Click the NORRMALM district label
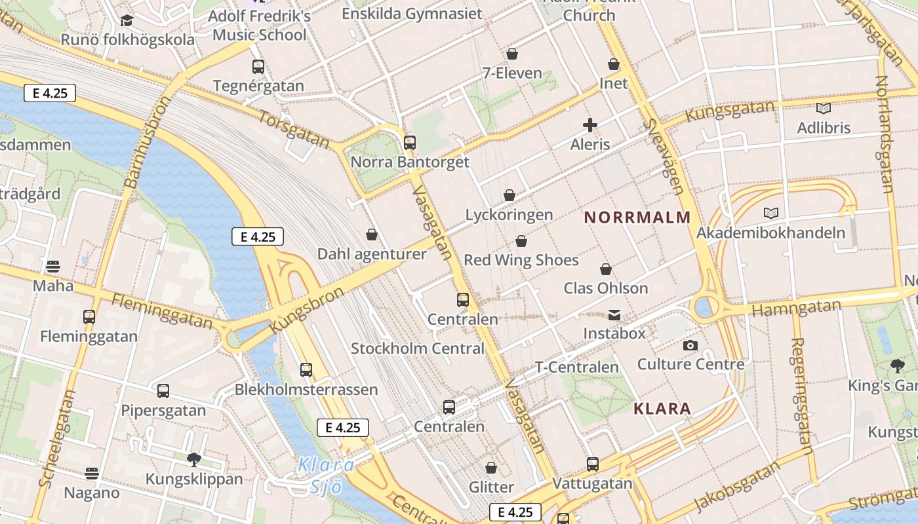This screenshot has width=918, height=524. coord(637,217)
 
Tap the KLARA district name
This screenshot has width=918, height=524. coord(662,409)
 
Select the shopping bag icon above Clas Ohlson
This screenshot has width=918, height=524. coord(606,269)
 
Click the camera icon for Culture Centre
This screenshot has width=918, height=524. coord(690,345)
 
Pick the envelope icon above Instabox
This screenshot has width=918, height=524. coord(614,315)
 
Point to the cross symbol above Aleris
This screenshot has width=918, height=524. coord(589,125)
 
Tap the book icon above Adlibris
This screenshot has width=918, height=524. coord(823,109)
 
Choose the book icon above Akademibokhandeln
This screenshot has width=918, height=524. coord(771,213)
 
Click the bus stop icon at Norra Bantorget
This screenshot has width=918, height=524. coord(410,142)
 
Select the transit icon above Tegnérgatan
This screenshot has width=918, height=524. coord(258,66)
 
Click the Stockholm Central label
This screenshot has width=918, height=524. coord(417,348)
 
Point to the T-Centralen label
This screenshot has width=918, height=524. coord(577,367)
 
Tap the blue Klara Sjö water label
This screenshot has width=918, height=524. coord(326,476)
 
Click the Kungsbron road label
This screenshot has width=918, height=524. coord(307,310)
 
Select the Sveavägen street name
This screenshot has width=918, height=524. coord(664,157)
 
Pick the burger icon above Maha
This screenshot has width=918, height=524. coord(53,267)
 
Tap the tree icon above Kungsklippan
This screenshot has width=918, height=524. coord(193,459)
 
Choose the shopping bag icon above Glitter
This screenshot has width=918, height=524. coord(491,468)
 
